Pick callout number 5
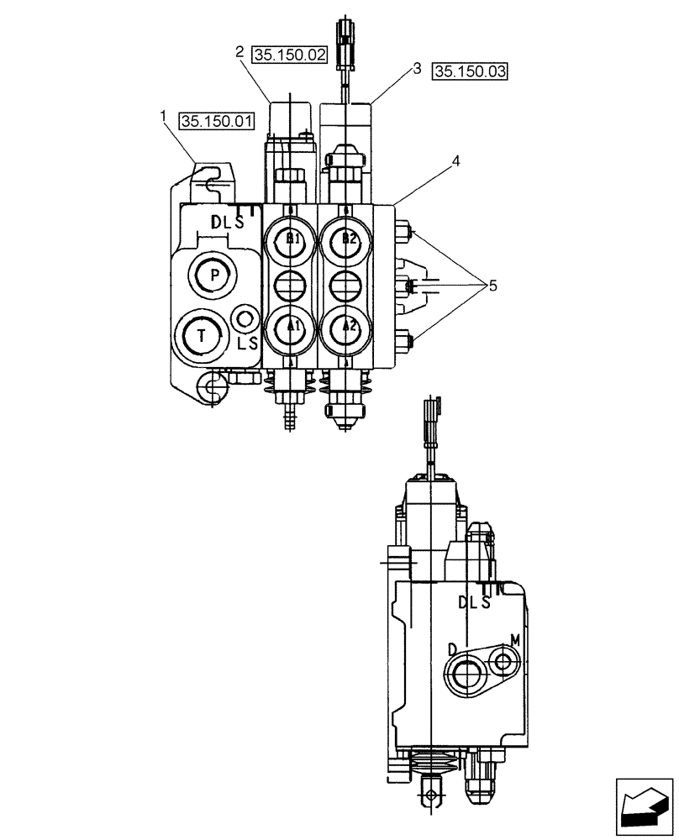492,286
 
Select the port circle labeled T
201,334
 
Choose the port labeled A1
291,325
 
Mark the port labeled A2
348,325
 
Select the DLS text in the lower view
474,602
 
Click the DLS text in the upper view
227,223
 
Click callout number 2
239,52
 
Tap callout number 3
417,70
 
